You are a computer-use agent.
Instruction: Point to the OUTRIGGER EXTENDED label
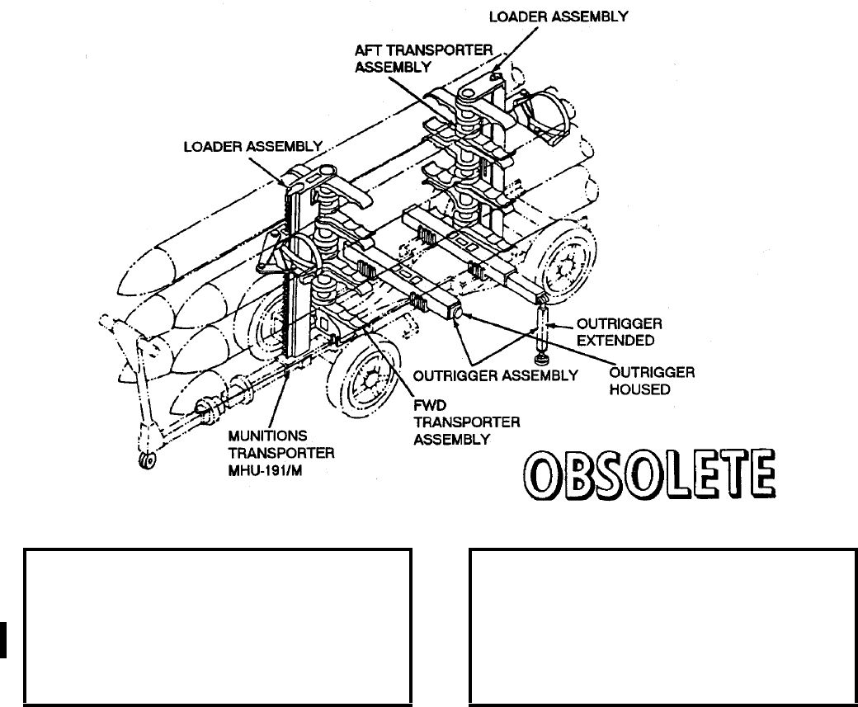(x=608, y=330)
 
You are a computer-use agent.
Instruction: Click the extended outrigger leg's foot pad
(x=542, y=361)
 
